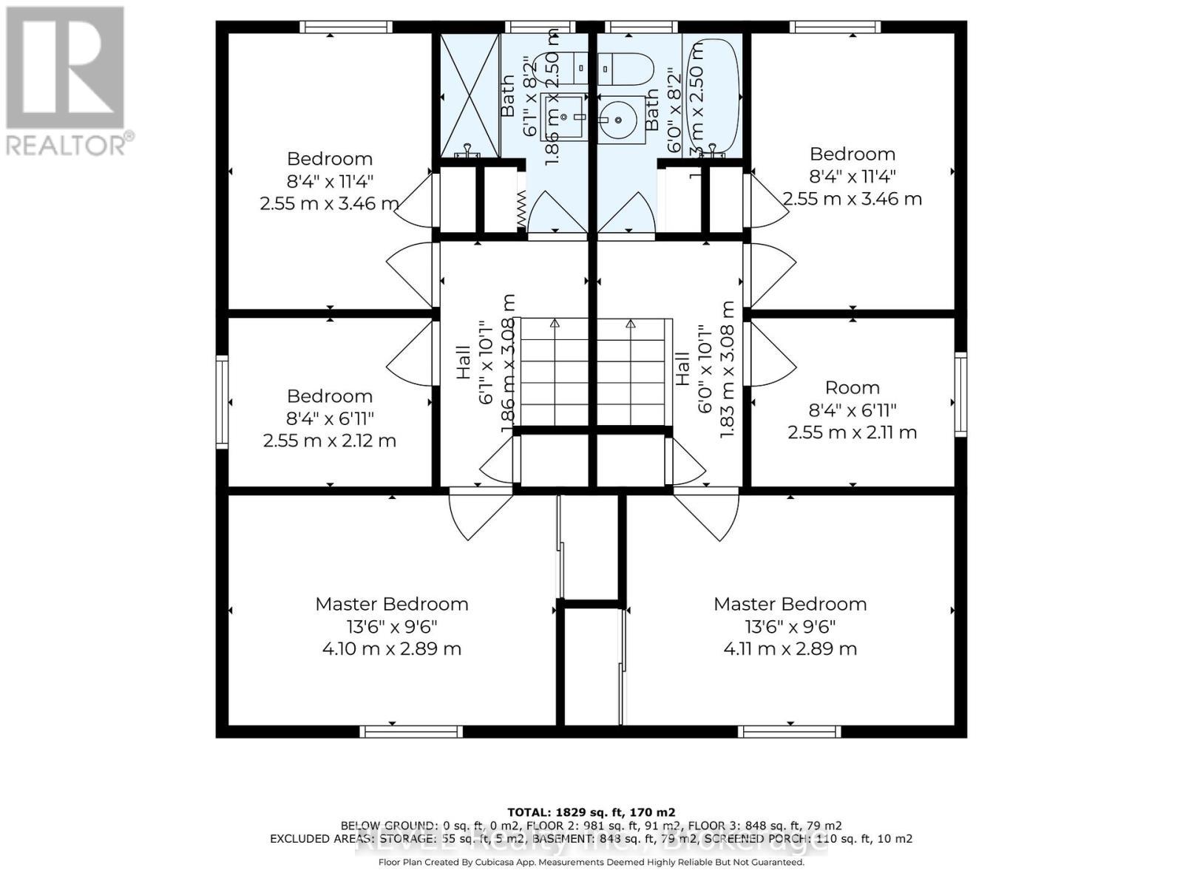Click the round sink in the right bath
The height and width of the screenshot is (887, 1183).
614,118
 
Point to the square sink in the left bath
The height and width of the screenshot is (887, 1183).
564,117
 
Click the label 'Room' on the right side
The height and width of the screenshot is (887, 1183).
852,388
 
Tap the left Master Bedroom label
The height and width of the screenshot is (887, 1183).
391,604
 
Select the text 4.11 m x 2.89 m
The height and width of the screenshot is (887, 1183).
790,649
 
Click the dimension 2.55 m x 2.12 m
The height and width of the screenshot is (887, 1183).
329,441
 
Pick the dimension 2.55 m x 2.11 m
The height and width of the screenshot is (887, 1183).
852,432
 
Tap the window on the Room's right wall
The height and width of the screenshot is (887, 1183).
960,394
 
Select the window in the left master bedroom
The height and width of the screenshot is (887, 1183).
411,732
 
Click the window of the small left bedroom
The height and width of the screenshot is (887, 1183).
222,402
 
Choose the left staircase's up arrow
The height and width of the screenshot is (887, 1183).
555,323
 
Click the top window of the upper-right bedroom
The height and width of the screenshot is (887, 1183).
835,27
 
